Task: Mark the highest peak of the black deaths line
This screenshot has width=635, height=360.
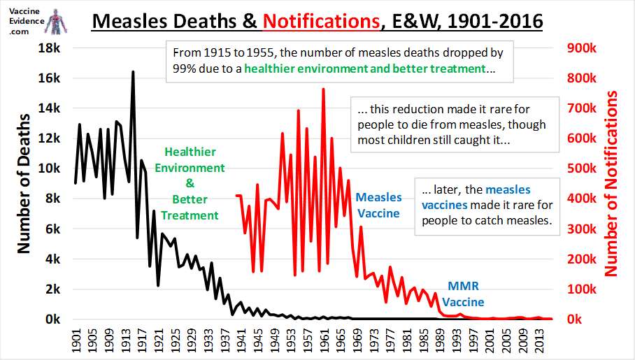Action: [x=133, y=72]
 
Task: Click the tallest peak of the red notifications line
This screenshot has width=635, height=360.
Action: [x=323, y=89]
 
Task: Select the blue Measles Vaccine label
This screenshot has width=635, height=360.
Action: [x=378, y=206]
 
